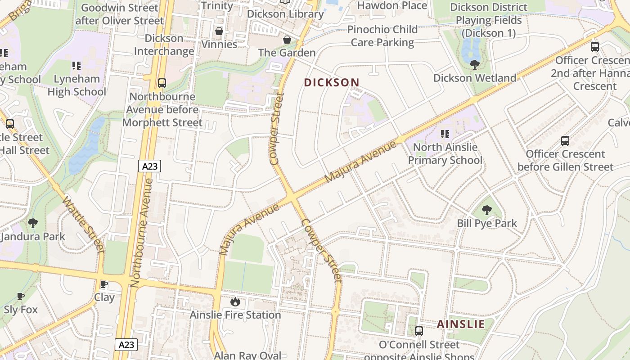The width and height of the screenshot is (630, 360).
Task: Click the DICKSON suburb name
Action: pos(332,82)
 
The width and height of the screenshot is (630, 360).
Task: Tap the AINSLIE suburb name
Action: pos(461,324)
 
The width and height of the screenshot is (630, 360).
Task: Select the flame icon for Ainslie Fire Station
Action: pos(235,301)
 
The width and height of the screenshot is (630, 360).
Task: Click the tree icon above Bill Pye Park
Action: pos(486,210)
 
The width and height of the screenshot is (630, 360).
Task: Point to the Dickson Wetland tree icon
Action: pos(474,65)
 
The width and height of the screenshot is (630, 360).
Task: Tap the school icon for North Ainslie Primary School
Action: pos(445,134)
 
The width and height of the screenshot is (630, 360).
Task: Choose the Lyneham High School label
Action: pos(76,85)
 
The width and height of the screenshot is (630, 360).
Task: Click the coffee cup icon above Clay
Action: pos(104,284)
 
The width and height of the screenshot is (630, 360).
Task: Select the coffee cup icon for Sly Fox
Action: pos(21,296)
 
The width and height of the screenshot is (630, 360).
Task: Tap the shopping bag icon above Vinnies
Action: pos(219,31)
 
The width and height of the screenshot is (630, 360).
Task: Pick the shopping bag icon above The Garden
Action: pos(287,40)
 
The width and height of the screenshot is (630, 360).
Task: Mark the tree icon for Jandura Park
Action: pos(32,223)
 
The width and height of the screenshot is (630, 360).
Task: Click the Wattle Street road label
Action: pos(84,224)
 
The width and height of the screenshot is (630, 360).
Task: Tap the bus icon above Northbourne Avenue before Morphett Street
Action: pos(162,83)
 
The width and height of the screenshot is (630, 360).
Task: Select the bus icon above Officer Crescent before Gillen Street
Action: pos(565,141)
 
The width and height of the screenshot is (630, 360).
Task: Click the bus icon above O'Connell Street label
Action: pos(419,331)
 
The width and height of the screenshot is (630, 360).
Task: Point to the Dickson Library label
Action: pos(285,14)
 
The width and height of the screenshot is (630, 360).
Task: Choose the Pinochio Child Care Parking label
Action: pos(382,36)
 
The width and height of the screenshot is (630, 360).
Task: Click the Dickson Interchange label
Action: pos(164,45)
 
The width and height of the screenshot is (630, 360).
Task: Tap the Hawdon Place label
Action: pos(392,5)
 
